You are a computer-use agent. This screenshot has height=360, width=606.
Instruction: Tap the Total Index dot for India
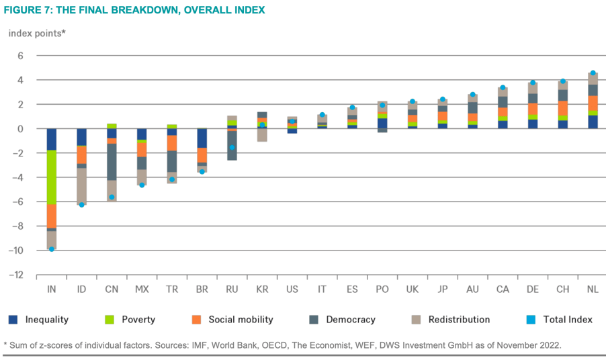(x=52, y=249)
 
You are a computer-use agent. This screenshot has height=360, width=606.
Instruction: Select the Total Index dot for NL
(x=593, y=73)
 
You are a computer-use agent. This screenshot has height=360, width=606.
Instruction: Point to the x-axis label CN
(x=112, y=289)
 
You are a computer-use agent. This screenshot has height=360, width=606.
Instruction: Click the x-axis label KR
(x=262, y=289)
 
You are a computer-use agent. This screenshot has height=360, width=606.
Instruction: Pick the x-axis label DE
(x=533, y=289)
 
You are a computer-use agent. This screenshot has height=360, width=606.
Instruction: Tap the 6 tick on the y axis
(x=21, y=56)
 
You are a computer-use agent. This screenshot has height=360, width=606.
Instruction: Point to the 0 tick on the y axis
(x=21, y=129)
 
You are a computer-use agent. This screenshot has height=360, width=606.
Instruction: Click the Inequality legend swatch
(x=13, y=320)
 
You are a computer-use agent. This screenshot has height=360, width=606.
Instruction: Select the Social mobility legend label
(x=239, y=320)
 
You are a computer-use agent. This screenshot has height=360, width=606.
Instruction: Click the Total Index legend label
(x=566, y=320)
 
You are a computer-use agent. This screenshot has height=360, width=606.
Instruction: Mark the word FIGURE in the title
(x=24, y=10)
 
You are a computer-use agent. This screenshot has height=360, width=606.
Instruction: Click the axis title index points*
(x=37, y=32)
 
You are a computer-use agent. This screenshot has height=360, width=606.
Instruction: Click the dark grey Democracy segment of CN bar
(x=112, y=161)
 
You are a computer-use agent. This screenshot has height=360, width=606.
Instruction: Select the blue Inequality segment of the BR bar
(x=202, y=138)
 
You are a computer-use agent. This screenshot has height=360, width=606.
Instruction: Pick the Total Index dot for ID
(x=82, y=204)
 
